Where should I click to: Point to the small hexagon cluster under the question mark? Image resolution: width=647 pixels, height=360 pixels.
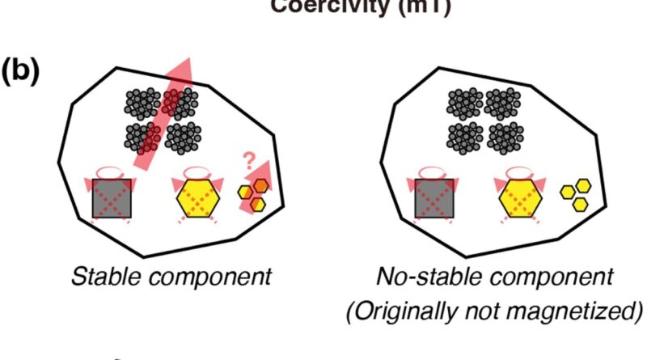pos(253,196)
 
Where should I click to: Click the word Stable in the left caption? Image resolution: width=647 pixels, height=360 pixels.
pos(99,276)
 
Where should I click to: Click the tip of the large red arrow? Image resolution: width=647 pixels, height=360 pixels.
pos(188,60)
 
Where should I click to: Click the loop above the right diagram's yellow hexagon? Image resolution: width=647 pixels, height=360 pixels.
pos(518,171)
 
